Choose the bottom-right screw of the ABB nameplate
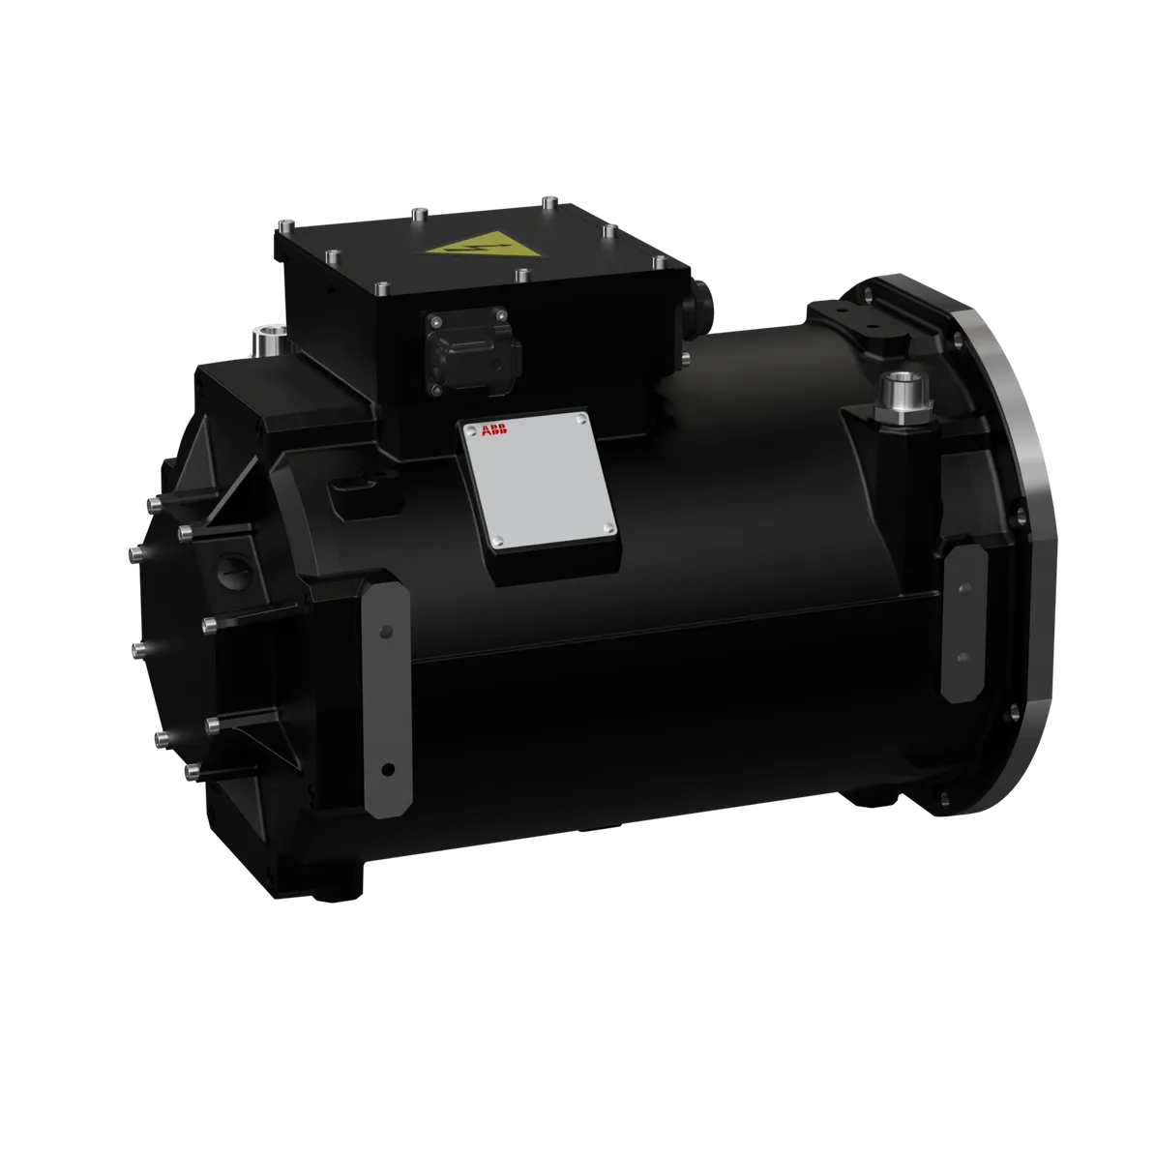click(607, 526)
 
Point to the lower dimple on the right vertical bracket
click(961, 657)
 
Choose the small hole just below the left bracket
click(387, 770)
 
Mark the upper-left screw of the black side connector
click(434, 322)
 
